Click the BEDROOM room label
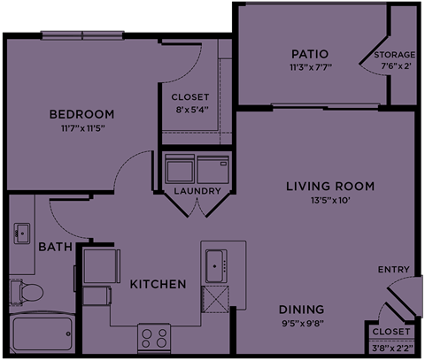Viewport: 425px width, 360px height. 81,115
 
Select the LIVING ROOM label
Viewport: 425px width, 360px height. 330,186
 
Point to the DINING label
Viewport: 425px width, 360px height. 300,310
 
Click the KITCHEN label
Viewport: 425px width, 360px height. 158,284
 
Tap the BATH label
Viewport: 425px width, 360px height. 50,247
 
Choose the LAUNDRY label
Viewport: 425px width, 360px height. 197,190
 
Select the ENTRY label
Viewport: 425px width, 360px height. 392,270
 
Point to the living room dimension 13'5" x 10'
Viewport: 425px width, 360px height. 330,200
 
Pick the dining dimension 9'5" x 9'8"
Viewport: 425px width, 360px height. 300,323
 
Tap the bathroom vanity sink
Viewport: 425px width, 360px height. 21,234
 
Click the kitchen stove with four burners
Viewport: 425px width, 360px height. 153,336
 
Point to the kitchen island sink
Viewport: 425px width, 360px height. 216,263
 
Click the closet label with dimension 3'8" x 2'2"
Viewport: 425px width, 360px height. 390,331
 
